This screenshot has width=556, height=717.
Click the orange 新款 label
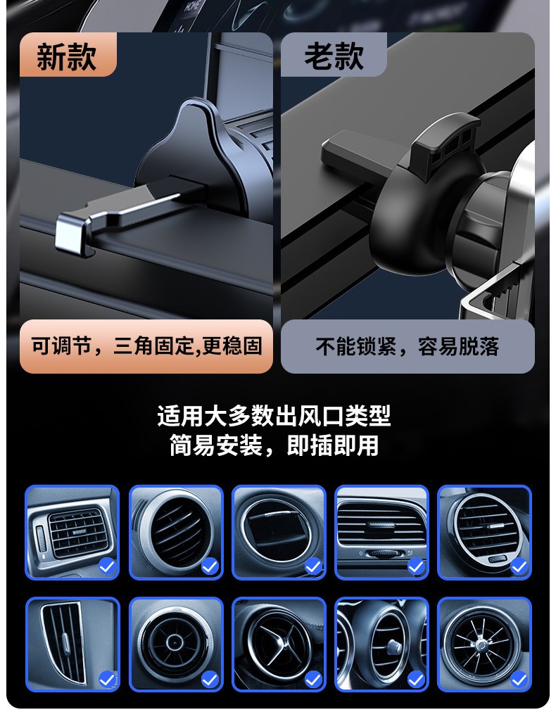[x=67, y=56]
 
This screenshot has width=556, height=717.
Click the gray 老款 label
[x=334, y=56]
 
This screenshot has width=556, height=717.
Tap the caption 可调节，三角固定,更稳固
[x=146, y=346]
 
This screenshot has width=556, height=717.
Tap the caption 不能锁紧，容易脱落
[x=407, y=346]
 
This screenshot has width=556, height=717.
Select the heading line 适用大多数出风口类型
[x=274, y=416]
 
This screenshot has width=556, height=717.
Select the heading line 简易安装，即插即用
[x=274, y=445]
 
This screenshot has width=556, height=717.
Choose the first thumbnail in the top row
[x=72, y=532]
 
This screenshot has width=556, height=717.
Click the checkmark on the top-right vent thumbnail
[x=519, y=566]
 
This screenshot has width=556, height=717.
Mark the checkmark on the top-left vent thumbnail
[x=107, y=566]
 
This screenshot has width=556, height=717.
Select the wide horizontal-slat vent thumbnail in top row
[x=381, y=532]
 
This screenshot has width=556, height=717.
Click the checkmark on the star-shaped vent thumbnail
[x=312, y=679]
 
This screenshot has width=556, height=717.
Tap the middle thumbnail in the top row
[x=279, y=532]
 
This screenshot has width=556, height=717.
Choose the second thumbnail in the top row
[x=176, y=532]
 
